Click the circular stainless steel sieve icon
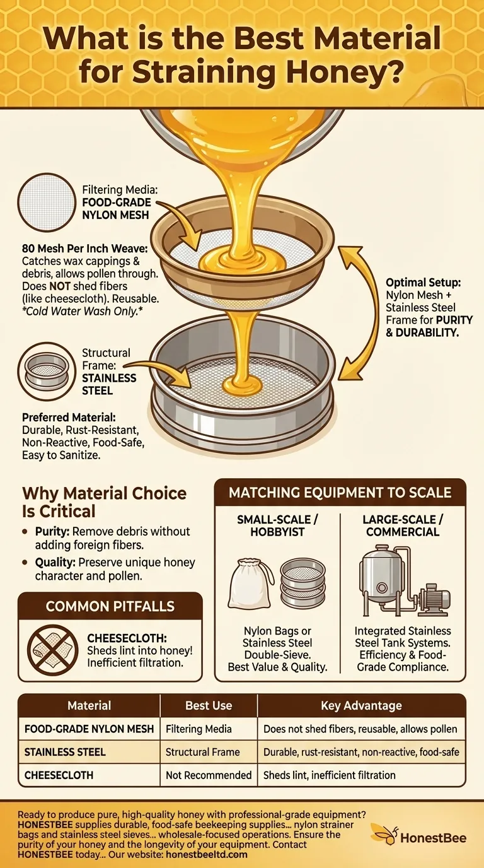tap(47, 371)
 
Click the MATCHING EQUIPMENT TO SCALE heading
tap(340, 492)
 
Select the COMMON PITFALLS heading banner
tap(110, 606)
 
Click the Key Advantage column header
tap(361, 706)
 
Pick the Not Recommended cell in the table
tap(209, 775)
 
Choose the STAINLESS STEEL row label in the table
tap(65, 752)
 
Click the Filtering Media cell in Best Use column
tap(199, 729)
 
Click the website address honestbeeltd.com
tap(206, 854)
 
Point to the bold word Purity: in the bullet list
tap(52, 531)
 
